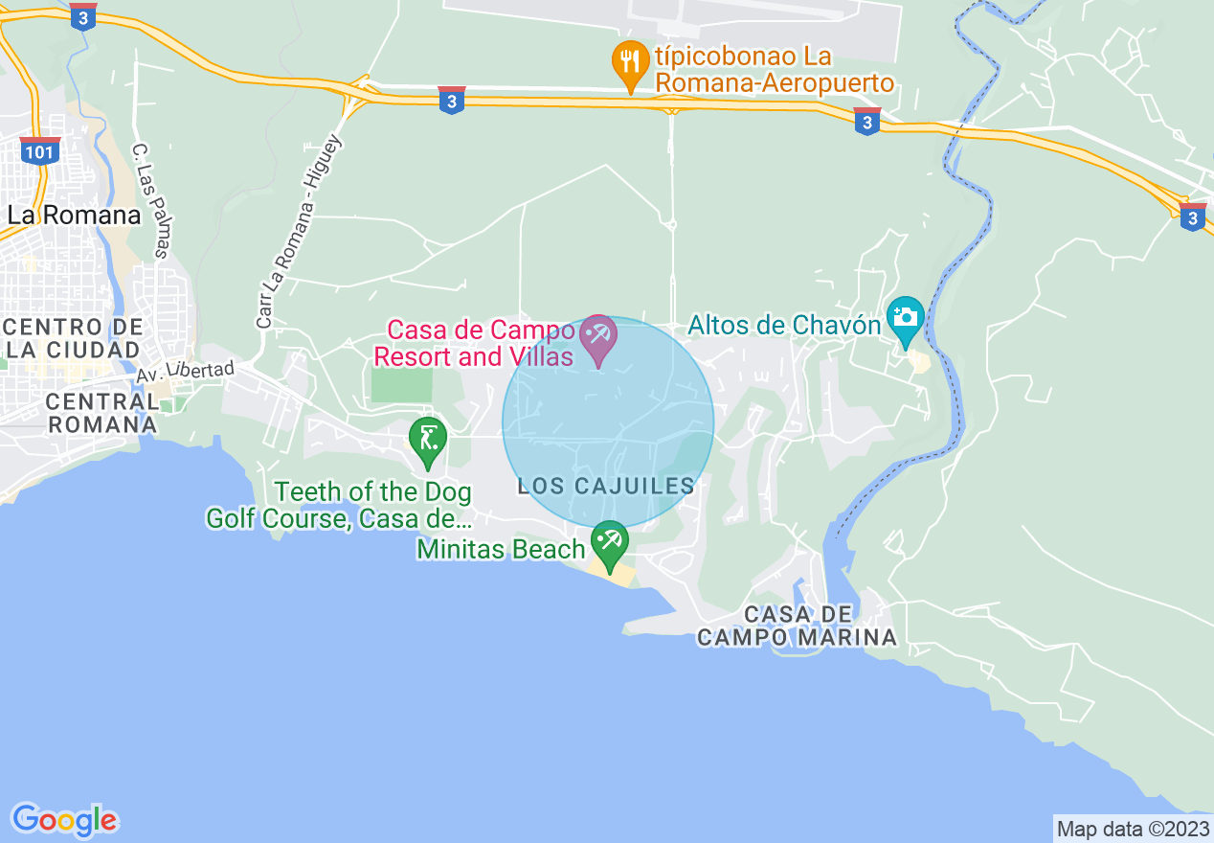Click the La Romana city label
point(74,215)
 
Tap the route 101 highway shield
point(40,151)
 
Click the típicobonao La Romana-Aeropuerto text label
point(773,69)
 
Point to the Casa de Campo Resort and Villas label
point(474,343)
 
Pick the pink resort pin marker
point(599,339)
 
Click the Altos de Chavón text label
point(784,326)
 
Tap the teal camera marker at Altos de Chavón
point(905,319)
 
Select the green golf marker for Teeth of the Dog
point(427,442)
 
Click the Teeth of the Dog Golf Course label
point(339,506)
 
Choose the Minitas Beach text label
point(501,550)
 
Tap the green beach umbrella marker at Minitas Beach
point(609,543)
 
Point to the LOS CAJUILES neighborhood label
point(606,487)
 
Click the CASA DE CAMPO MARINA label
point(797,626)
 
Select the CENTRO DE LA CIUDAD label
point(73,339)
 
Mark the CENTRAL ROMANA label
point(101,412)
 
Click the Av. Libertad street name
point(184,371)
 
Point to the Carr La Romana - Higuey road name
point(298,232)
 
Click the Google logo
point(65,820)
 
